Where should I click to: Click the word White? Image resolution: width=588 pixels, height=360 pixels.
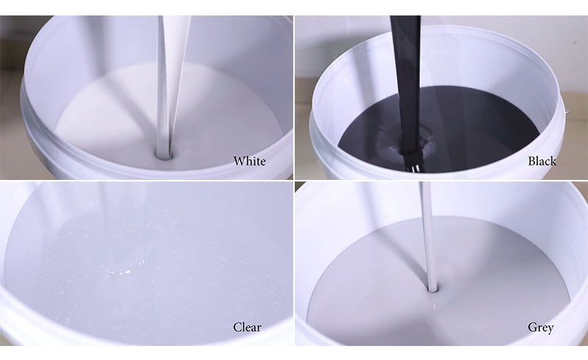click(249, 161)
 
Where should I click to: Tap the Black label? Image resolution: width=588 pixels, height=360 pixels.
click(542, 161)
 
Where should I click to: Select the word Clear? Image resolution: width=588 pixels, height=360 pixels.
click(247, 328)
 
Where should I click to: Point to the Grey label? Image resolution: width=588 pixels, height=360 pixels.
click(541, 328)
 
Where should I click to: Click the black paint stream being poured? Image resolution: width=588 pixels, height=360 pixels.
click(408, 86)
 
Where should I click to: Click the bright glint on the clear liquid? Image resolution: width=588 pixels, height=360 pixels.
click(121, 272)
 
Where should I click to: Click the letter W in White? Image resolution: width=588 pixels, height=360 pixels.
click(239, 161)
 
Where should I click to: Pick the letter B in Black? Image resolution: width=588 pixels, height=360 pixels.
click(531, 161)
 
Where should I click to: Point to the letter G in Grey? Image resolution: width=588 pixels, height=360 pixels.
click(532, 327)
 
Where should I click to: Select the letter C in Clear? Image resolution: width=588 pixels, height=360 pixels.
click(237, 328)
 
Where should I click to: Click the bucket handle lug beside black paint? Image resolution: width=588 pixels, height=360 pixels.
click(567, 111)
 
